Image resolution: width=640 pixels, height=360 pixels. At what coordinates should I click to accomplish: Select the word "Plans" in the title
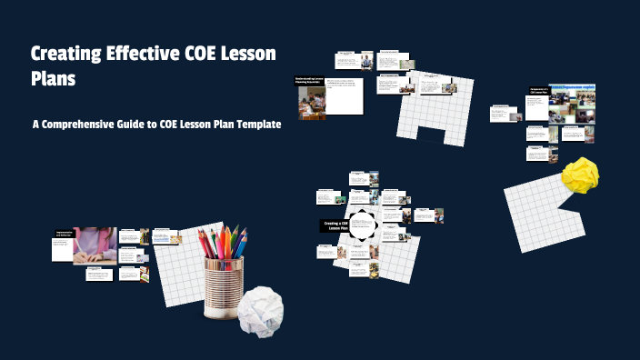(53, 79)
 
